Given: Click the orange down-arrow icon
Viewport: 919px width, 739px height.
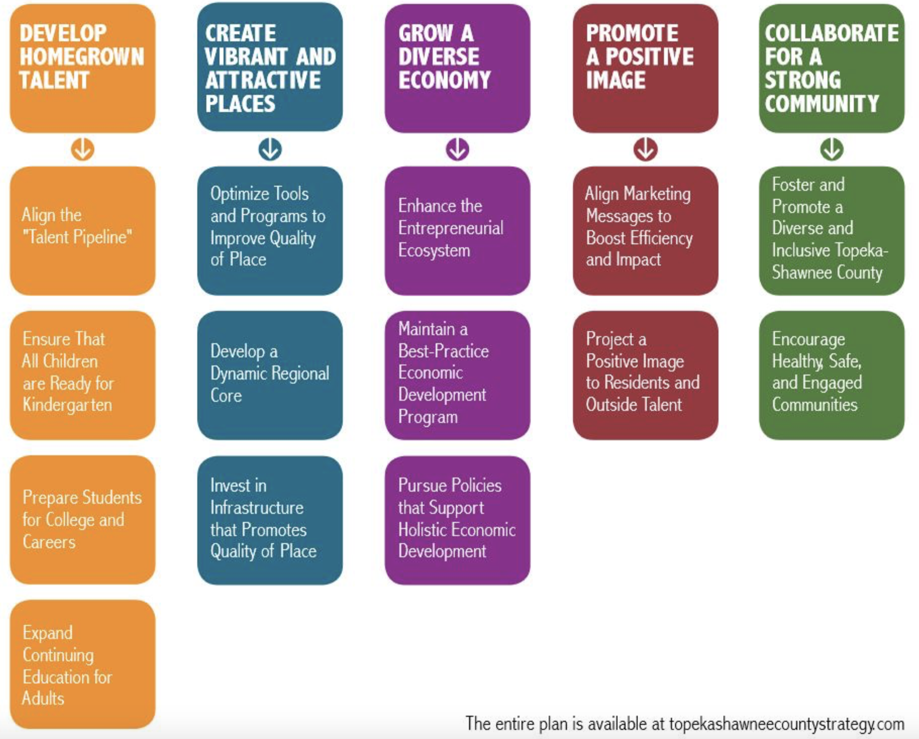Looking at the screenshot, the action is pyautogui.click(x=83, y=149).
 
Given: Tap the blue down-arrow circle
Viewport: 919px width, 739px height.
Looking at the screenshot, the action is pyautogui.click(x=270, y=149).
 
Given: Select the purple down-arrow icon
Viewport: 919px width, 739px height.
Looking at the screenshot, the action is pyautogui.click(x=457, y=149).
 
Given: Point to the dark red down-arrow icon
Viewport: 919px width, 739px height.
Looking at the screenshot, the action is pyautogui.click(x=645, y=149).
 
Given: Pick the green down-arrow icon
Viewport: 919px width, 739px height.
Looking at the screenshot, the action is pyautogui.click(x=832, y=149).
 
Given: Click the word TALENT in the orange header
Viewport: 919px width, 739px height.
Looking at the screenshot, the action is pyautogui.click(x=54, y=80).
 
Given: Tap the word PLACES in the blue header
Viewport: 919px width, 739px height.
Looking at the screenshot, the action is pyautogui.click(x=240, y=104).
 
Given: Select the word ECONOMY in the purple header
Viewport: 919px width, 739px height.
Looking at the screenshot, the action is pyautogui.click(x=444, y=80).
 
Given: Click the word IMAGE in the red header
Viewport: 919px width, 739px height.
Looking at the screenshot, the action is pyautogui.click(x=616, y=80).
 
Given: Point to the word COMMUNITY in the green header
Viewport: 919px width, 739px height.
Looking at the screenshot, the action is pyautogui.click(x=822, y=103).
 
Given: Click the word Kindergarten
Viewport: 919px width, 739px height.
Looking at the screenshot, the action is pyautogui.click(x=67, y=405).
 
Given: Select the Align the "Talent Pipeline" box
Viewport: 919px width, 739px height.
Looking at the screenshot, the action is pyautogui.click(x=83, y=231).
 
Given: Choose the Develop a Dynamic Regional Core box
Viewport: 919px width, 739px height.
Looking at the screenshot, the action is pyautogui.click(x=270, y=375).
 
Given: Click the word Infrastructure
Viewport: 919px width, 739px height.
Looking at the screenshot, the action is pyautogui.click(x=257, y=508).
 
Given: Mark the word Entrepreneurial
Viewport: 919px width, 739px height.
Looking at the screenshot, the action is pyautogui.click(x=451, y=228).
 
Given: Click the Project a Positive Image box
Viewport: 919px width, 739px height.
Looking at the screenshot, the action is pyautogui.click(x=645, y=375).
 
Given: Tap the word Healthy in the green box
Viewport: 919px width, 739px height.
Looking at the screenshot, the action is pyautogui.click(x=797, y=362).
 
